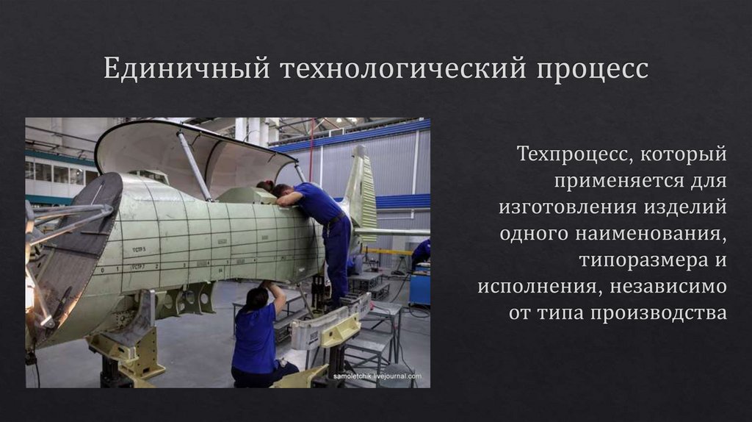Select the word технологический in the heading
[x=402, y=70]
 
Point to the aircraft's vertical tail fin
[x=361, y=191]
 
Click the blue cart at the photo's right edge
[x=420, y=287]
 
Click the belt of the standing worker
[x=335, y=220]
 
